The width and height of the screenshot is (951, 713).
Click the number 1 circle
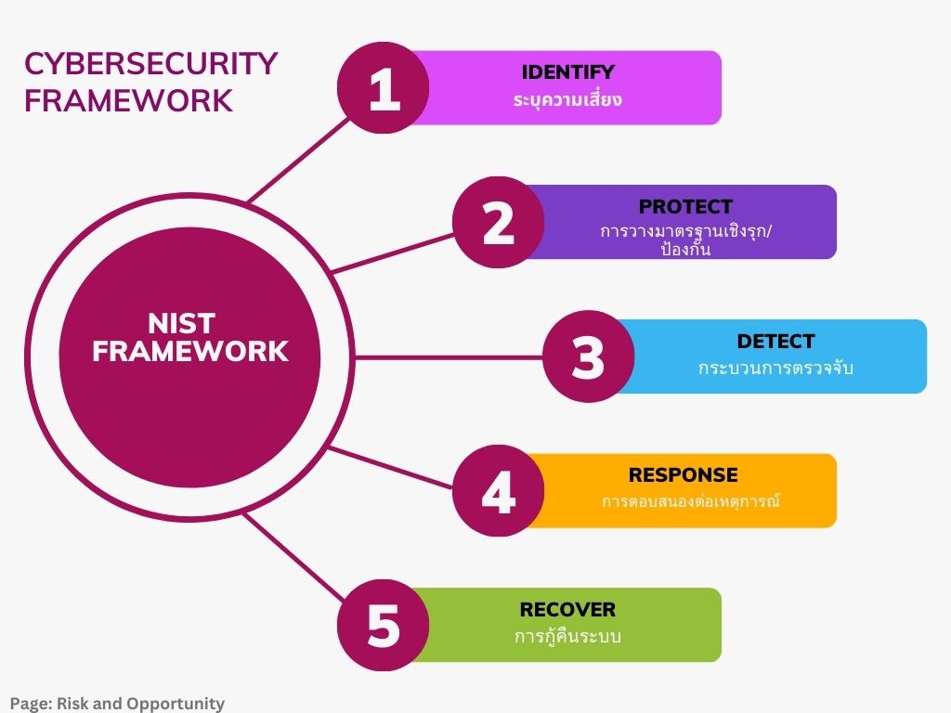coord(384,88)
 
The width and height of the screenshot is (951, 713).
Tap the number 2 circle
coord(499,223)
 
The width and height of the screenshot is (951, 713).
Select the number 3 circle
coord(588,356)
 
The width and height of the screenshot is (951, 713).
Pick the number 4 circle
coord(499,491)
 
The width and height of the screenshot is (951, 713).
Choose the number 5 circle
coord(384,625)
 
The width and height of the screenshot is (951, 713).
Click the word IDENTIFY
coord(567,72)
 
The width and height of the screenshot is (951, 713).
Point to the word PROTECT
coord(685,206)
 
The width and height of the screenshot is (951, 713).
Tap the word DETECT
coord(775,341)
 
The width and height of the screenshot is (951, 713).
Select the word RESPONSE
coord(683,475)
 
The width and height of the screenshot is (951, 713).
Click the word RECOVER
coord(567,610)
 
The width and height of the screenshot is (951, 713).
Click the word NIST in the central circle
coord(181,323)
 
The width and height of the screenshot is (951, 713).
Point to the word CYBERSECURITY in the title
coord(150,63)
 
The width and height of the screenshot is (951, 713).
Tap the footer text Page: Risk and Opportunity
coord(117,703)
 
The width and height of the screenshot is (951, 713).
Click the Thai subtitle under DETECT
coord(775,368)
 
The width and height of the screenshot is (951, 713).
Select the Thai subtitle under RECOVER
coord(567,637)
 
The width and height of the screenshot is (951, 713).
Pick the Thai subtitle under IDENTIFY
coord(567,98)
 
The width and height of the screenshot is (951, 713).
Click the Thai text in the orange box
coord(689,502)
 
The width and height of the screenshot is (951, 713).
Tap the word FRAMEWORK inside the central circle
coord(190,351)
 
